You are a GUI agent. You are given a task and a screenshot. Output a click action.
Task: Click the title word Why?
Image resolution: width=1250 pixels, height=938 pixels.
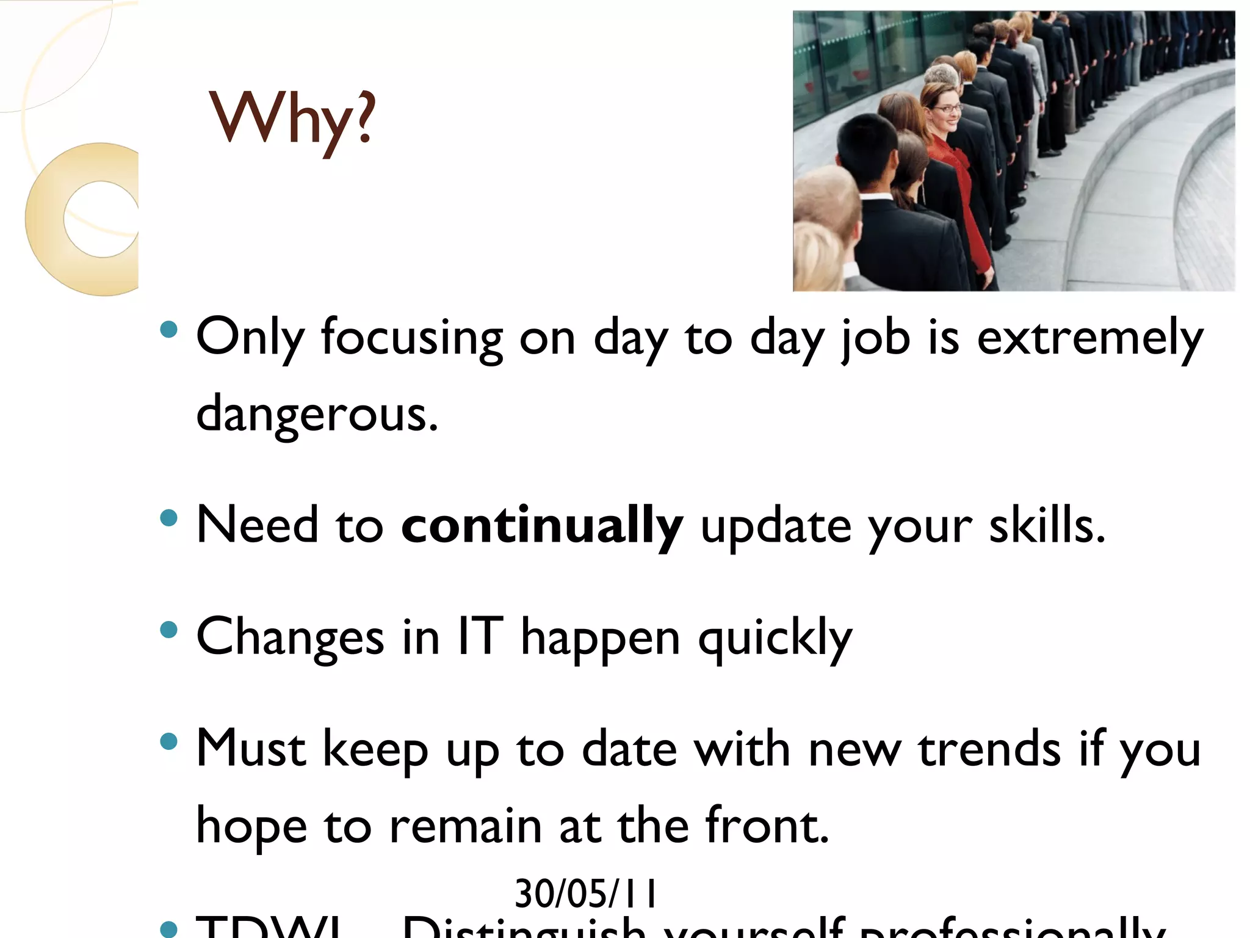pyautogui.click(x=292, y=119)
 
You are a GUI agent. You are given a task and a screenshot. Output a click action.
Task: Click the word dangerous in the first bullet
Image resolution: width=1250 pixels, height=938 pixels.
pyautogui.click(x=316, y=414)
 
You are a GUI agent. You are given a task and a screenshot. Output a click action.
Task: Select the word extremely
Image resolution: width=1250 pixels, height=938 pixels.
pyautogui.click(x=1089, y=338)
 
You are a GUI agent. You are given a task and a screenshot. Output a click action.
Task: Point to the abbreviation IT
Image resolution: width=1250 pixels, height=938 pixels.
pyautogui.click(x=480, y=636)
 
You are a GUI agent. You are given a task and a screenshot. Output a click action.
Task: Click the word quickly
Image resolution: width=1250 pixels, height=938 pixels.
pyautogui.click(x=775, y=639)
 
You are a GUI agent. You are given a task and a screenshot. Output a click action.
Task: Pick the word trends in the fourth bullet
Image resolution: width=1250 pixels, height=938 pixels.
pyautogui.click(x=989, y=749)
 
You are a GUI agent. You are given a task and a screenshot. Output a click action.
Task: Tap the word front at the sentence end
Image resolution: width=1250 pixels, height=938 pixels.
pyautogui.click(x=766, y=826)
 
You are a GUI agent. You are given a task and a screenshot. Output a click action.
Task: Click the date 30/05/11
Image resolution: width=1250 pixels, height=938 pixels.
pyautogui.click(x=585, y=894)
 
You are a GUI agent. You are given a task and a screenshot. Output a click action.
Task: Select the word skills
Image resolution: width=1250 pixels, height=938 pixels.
pyautogui.click(x=1046, y=526)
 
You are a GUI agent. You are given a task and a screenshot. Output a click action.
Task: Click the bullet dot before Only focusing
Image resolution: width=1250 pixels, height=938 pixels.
pyautogui.click(x=168, y=330)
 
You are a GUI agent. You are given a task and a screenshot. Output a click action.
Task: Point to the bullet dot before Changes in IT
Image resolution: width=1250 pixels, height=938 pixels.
pyautogui.click(x=168, y=630)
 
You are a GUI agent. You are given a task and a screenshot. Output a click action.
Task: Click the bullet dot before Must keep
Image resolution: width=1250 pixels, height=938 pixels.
pyautogui.click(x=168, y=742)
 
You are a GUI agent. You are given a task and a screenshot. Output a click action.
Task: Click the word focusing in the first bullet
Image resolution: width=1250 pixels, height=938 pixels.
pyautogui.click(x=412, y=338)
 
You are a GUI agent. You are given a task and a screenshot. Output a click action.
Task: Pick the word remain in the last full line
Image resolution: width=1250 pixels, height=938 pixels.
pyautogui.click(x=465, y=826)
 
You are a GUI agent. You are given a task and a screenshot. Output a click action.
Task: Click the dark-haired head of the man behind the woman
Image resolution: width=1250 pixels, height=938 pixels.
pyautogui.click(x=867, y=144)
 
